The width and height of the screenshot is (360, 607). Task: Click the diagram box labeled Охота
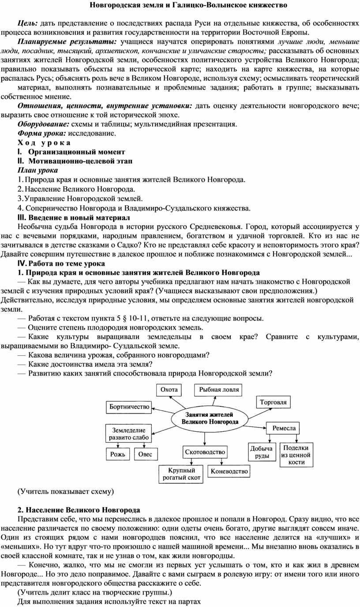point(169,390)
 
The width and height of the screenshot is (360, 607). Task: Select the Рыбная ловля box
point(219,390)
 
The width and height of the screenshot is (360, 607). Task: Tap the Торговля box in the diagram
point(273,402)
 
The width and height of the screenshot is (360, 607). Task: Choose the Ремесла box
point(284,428)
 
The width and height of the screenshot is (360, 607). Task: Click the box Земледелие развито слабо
point(128,434)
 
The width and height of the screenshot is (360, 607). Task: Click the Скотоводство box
point(205,452)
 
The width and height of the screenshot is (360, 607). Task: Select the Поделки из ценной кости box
point(296,455)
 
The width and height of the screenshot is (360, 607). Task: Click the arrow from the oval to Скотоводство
point(206,438)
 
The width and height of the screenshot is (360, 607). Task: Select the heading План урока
point(37,170)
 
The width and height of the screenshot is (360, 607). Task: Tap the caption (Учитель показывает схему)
point(65,491)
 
